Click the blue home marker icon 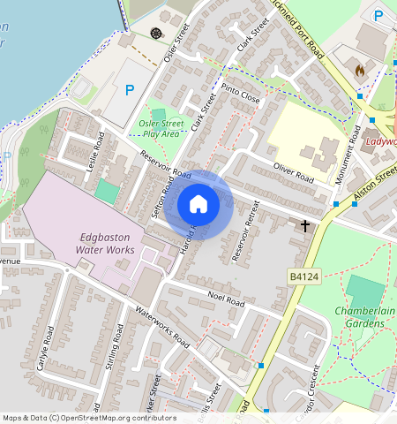[198, 204]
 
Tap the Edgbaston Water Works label [105, 244]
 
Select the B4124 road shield [303, 277]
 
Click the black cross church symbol [306, 226]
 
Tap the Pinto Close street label [241, 95]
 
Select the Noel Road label [225, 299]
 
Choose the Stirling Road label [112, 353]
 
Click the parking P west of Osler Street [130, 89]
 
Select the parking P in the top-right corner [378, 15]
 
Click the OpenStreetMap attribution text [78, 418]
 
